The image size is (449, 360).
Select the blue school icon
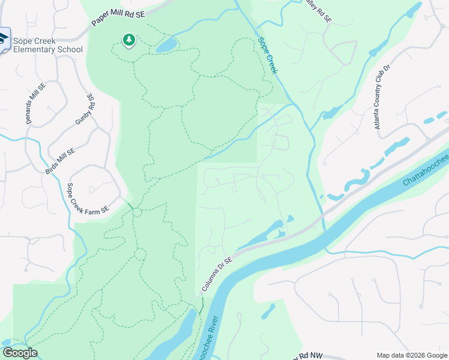coord(3,40)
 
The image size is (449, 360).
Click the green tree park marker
coord(128,40)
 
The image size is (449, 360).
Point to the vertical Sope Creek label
coord(268,56)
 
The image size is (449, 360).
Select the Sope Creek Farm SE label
coord(88,199)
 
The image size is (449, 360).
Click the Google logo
coord(19,353)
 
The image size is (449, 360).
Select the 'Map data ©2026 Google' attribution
coord(412,355)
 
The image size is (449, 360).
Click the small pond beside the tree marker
coord(166,45)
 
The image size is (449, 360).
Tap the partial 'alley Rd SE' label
coord(318,10)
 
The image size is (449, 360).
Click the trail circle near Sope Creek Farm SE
coord(137,212)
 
